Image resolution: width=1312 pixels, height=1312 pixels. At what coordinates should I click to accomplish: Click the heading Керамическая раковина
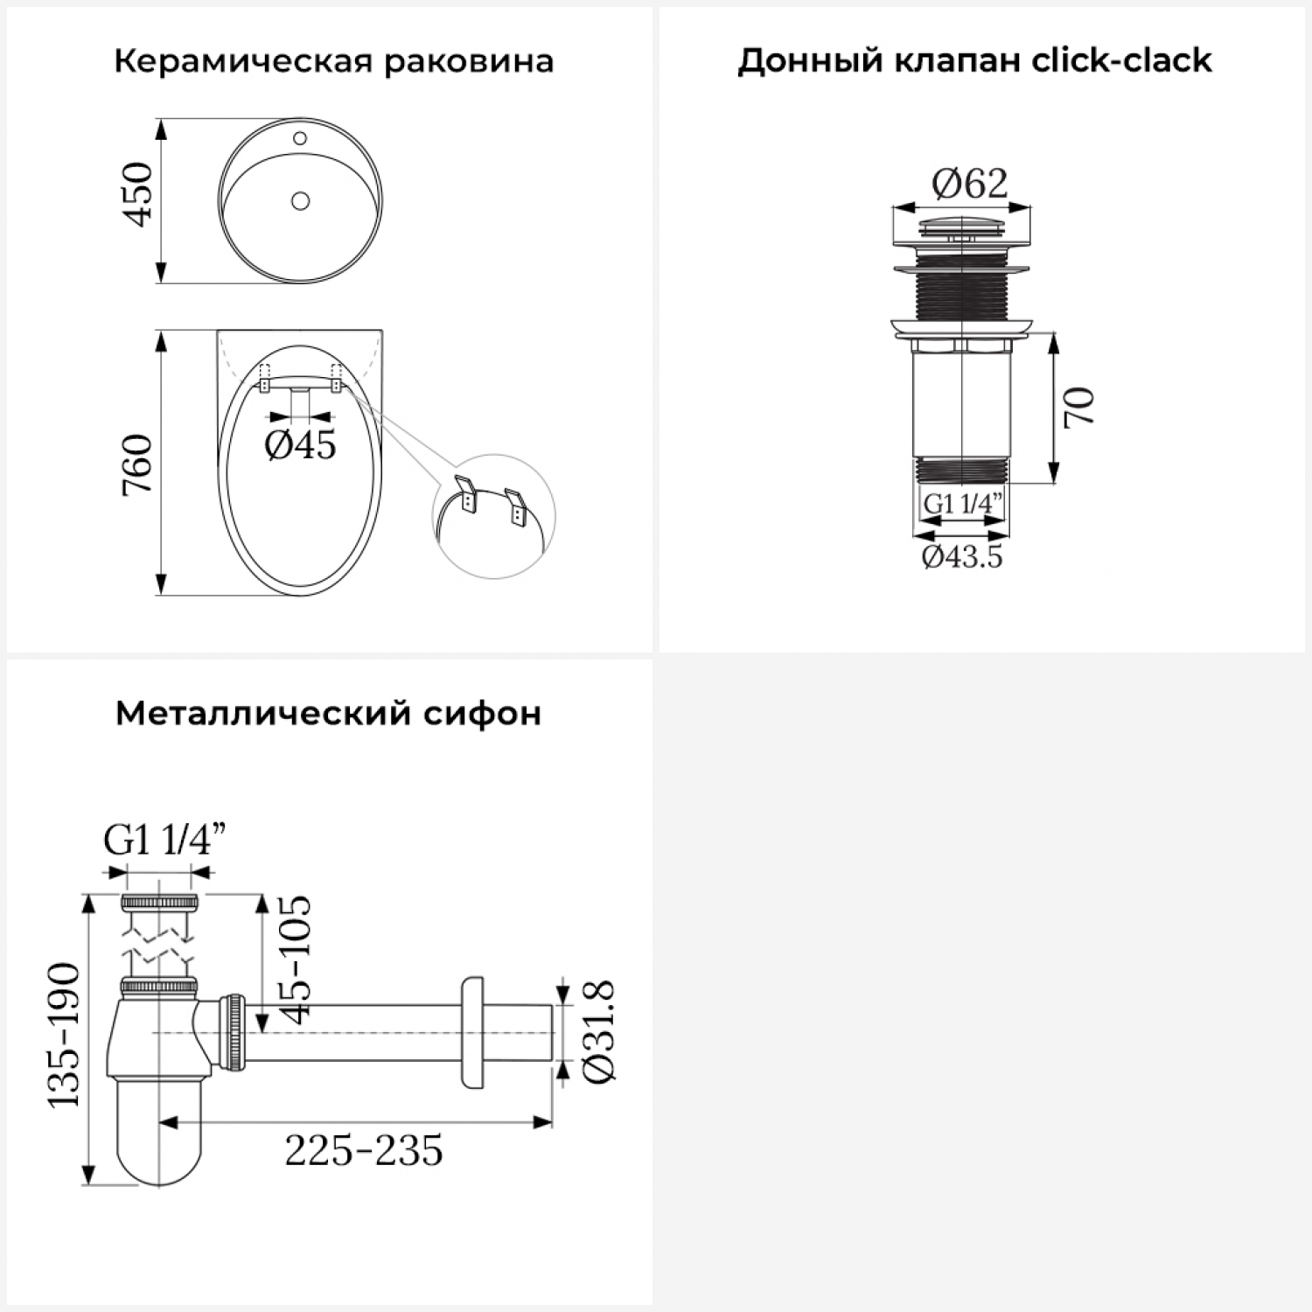[334, 62]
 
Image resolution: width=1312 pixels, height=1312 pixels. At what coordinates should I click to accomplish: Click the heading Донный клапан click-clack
[974, 61]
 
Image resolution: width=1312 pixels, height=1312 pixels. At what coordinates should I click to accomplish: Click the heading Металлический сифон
[328, 714]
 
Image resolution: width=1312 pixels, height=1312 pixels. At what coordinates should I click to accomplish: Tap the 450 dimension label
[140, 194]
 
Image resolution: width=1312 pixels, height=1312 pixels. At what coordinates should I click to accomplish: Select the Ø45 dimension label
[300, 445]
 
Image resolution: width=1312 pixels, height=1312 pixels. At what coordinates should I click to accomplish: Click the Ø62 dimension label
[969, 184]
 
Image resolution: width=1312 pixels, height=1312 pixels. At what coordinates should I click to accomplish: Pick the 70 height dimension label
[1079, 406]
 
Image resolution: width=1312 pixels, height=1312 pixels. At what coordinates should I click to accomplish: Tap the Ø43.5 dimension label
[962, 556]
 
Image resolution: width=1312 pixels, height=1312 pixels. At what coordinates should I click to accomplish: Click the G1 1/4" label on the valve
[962, 505]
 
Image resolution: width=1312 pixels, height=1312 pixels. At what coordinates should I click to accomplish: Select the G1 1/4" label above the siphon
[164, 841]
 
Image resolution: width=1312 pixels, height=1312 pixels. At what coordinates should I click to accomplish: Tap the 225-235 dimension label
[364, 1150]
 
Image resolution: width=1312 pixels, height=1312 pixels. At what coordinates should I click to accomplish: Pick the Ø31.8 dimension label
[598, 1032]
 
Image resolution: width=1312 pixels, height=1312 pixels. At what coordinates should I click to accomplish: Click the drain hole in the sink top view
[300, 202]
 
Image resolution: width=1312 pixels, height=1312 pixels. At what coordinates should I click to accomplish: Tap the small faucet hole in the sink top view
[299, 137]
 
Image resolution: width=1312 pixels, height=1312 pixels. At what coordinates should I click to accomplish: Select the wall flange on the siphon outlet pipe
[471, 1033]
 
